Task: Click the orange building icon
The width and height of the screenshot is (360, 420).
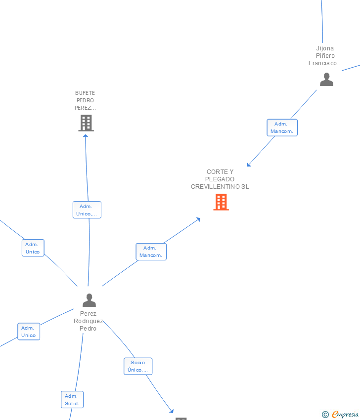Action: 221,202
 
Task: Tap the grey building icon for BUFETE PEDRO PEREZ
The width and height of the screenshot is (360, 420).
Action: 86,123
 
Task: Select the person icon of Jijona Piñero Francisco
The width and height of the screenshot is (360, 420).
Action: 326,79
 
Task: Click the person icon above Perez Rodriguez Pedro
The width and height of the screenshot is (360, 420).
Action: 89,300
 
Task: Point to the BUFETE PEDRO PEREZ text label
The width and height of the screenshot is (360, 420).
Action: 85,100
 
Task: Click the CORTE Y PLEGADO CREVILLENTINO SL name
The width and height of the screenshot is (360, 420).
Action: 220,179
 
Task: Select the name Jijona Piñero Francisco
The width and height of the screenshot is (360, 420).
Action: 325,56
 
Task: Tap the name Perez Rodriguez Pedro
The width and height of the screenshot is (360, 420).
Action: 89,321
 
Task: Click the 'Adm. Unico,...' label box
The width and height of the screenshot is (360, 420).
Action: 87,210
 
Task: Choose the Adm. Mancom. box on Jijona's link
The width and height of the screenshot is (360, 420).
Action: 282,127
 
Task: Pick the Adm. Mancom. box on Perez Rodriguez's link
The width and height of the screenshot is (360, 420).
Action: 151,252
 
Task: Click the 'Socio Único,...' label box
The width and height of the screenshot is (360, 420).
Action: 138,366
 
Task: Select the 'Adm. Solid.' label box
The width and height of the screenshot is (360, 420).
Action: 72,400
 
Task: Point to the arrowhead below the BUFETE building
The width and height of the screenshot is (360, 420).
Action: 86,136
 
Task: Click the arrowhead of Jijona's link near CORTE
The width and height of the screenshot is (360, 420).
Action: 249,165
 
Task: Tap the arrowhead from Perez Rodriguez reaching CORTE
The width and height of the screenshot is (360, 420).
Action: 198,219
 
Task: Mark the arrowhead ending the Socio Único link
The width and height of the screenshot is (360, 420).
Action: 172,411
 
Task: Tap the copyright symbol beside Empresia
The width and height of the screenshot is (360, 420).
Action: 325,415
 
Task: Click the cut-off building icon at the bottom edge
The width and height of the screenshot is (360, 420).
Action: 181,419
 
